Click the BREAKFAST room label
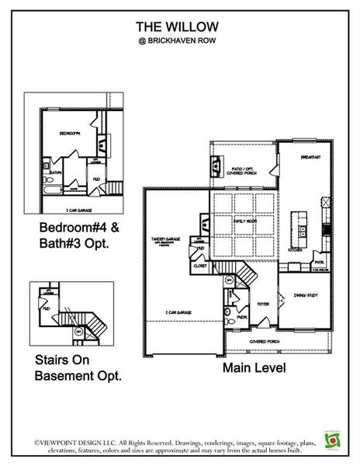[x=311, y=157]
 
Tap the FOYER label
[x=263, y=304]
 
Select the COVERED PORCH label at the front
[x=265, y=341]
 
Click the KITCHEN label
[x=295, y=250]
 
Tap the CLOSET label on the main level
[x=200, y=266]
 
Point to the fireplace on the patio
[x=215, y=165]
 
